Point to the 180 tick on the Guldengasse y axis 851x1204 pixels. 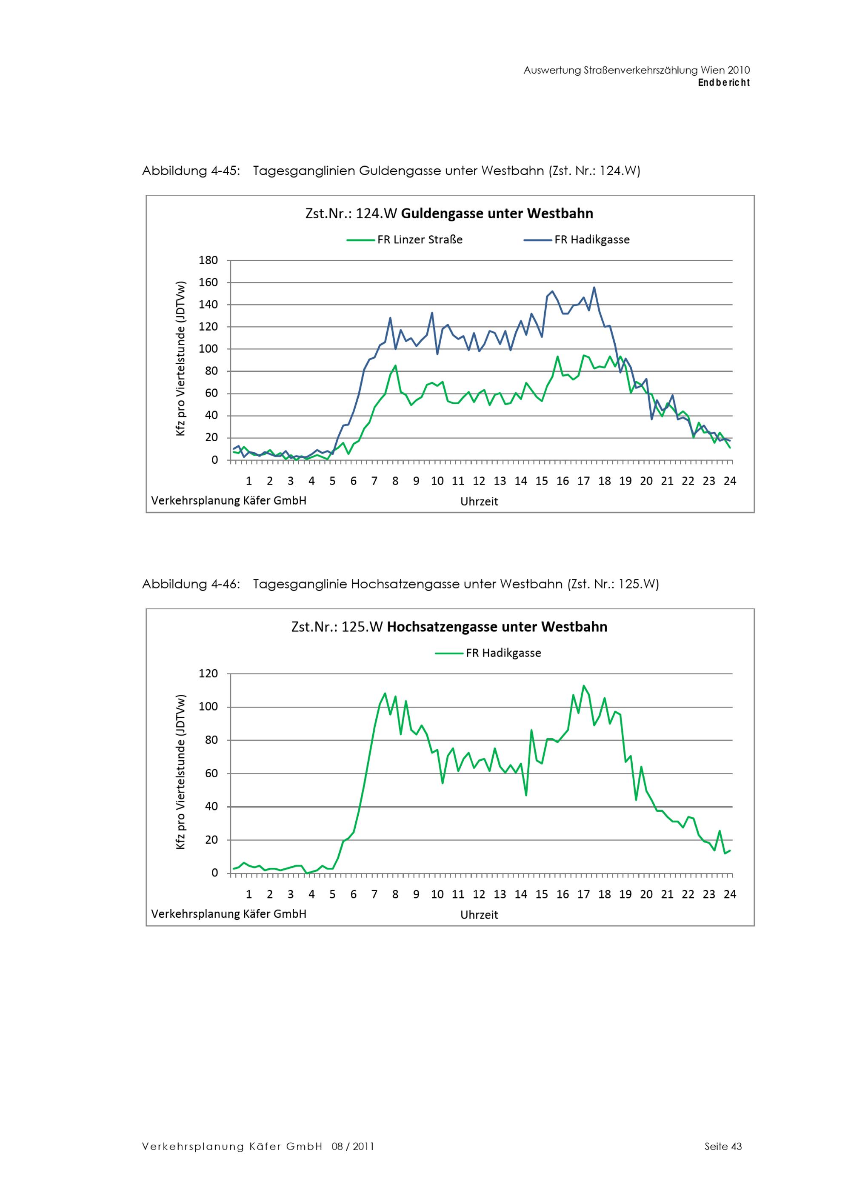pyautogui.click(x=208, y=260)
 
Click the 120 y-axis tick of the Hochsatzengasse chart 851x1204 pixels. pyautogui.click(x=208, y=674)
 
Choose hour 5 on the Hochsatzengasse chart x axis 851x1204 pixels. pyautogui.click(x=332, y=895)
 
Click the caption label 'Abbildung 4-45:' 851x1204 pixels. pyautogui.click(x=191, y=171)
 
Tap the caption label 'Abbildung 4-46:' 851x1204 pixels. pyautogui.click(x=191, y=585)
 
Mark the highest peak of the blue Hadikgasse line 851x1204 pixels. pyautogui.click(x=594, y=287)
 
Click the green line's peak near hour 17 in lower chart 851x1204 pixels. pyautogui.click(x=584, y=686)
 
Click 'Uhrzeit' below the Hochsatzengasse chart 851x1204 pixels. pyautogui.click(x=479, y=915)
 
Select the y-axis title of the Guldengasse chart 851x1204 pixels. pyautogui.click(x=181, y=359)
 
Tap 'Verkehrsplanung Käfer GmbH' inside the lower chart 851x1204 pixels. pyautogui.click(x=228, y=914)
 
